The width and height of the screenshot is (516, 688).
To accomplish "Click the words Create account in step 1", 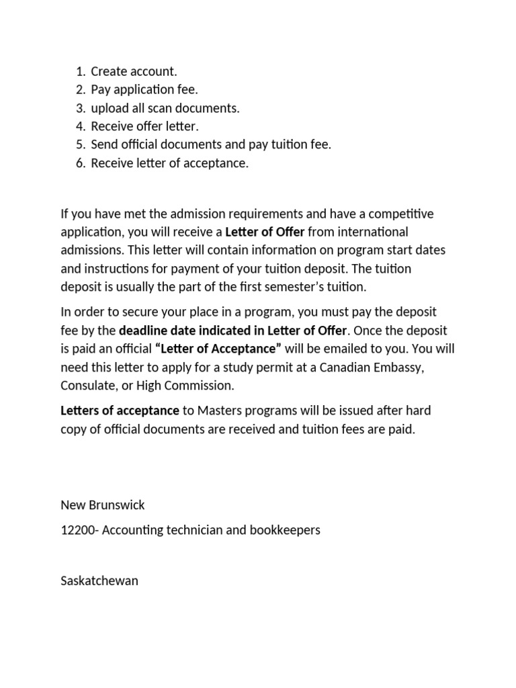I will pos(134,71).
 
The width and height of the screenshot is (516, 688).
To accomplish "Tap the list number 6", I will pos(80,163).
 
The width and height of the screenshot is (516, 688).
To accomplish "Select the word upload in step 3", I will pos(109,108).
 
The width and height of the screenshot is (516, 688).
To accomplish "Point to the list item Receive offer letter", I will pos(145,126).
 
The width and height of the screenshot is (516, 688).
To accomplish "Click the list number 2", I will pos(80,90).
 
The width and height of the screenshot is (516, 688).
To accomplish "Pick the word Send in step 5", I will pos(104,144).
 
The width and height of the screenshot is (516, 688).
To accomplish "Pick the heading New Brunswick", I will pos(102,505).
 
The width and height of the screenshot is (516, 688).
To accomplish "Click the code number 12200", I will pos(75,530).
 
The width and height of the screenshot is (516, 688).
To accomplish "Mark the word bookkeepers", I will pos(287,530).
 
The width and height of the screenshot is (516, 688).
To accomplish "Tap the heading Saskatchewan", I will pos(99,580).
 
